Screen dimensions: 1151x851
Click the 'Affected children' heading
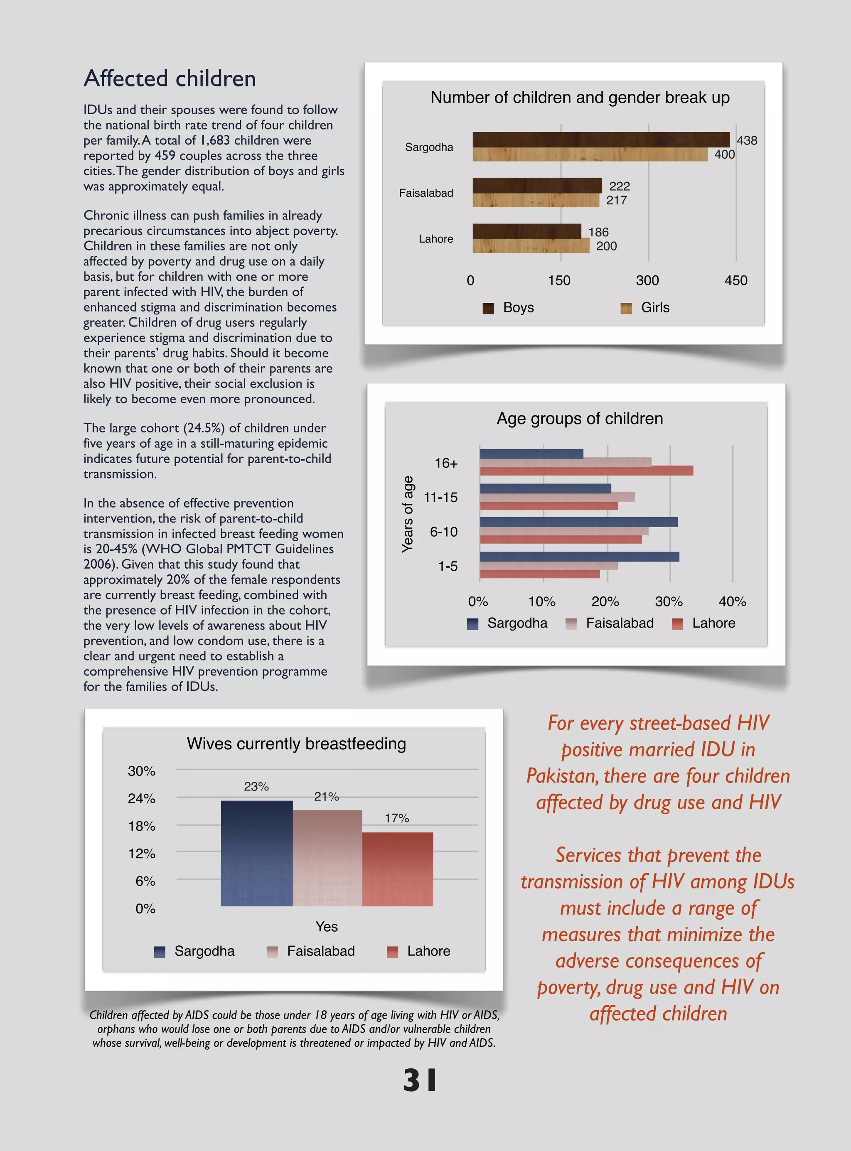(170, 79)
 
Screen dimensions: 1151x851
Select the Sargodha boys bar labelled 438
(601, 139)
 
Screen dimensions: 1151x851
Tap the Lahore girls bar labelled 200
(531, 245)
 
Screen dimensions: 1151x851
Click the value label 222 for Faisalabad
(619, 186)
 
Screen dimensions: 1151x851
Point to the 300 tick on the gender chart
(647, 281)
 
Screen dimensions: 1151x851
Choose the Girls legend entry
(646, 307)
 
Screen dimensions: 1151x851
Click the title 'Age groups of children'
(580, 419)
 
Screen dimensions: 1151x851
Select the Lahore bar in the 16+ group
(586, 471)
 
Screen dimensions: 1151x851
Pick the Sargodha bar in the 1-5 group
(579, 557)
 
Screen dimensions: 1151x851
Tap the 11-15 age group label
(440, 498)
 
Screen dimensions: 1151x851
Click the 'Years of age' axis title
(408, 514)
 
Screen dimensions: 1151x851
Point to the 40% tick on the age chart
(732, 601)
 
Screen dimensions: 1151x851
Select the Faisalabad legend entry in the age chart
(611, 623)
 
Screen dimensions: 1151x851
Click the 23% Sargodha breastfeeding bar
(256, 853)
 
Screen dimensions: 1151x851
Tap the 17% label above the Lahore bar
(397, 818)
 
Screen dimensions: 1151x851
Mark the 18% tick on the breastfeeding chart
(142, 826)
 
